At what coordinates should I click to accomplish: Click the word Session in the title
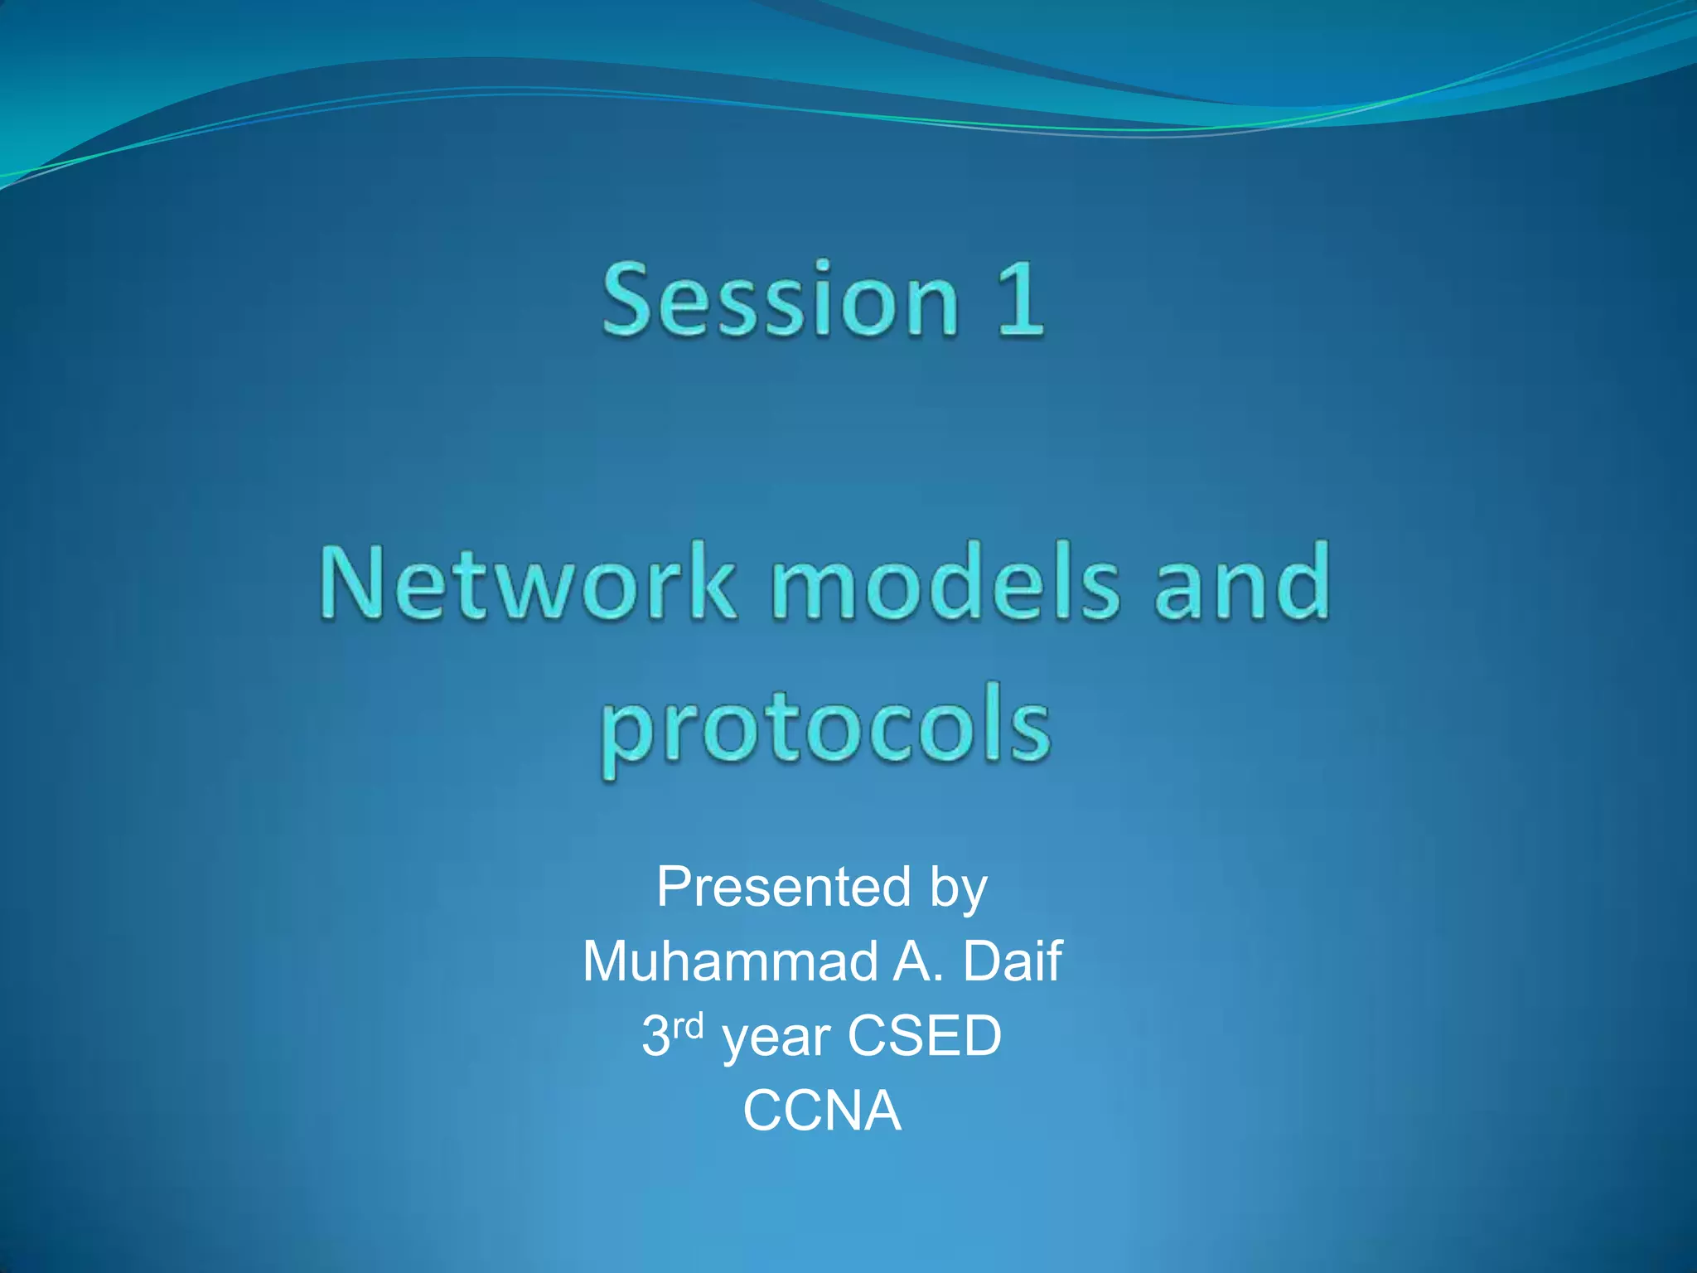[779, 300]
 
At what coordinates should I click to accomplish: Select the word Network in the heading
[527, 583]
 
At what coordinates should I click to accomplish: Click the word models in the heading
[945, 583]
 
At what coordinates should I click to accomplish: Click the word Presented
[783, 887]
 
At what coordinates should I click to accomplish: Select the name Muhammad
[730, 961]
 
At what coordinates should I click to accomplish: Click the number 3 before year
[655, 1036]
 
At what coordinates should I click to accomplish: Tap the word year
[776, 1039]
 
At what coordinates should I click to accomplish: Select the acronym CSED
[924, 1036]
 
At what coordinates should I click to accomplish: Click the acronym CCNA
[821, 1111]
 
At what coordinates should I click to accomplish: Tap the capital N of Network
[352, 583]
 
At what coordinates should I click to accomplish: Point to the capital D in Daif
[981, 961]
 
